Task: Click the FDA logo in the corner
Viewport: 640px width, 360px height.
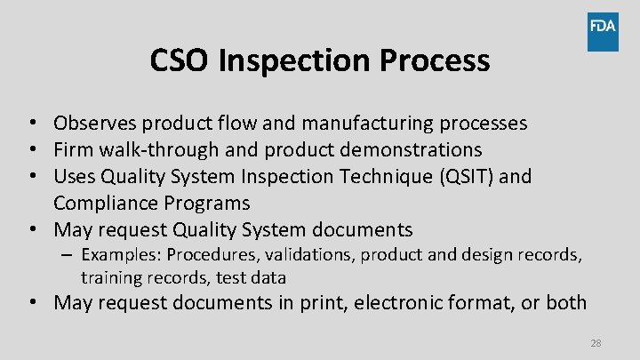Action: [x=603, y=32]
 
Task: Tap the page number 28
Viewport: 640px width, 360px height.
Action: [x=596, y=342]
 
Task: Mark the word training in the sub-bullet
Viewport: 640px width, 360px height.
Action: [x=111, y=277]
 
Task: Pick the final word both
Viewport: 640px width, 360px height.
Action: [x=566, y=303]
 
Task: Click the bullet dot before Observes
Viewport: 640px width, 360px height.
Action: [x=31, y=124]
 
